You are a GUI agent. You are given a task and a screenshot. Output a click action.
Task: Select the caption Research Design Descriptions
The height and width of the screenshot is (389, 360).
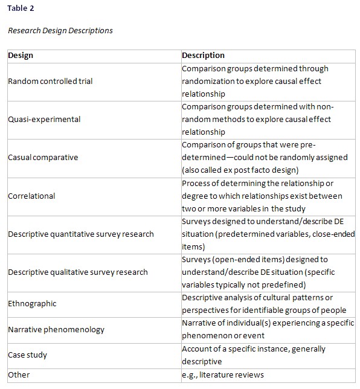(60, 30)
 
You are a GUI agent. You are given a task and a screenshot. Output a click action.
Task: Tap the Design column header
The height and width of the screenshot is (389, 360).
(21, 56)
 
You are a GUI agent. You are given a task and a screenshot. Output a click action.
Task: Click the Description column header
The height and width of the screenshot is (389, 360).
(203, 56)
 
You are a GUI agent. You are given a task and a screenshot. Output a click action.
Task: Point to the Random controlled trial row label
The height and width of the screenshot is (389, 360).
(50, 81)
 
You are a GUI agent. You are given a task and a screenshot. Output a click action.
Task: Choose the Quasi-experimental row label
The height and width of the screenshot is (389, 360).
(44, 119)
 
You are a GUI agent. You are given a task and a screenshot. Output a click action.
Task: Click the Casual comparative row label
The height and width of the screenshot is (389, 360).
(43, 157)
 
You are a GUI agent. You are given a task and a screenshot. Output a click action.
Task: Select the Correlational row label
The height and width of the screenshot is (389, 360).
(31, 196)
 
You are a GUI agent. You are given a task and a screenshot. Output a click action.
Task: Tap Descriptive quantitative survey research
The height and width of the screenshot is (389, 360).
(81, 234)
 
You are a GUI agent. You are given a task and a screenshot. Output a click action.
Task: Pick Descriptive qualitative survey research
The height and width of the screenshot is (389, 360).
(78, 272)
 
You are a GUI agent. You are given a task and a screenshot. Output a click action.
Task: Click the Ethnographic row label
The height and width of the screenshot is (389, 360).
(32, 304)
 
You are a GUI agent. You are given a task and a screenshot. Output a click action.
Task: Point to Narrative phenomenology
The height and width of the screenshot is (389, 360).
(56, 329)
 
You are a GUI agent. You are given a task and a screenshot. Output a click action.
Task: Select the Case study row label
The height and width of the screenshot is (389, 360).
(27, 355)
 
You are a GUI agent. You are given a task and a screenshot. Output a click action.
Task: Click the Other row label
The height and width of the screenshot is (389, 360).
(19, 375)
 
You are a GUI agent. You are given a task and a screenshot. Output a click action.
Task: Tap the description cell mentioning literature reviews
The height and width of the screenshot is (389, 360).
(223, 375)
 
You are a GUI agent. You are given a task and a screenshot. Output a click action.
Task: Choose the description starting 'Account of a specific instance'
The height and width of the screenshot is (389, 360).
(254, 355)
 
